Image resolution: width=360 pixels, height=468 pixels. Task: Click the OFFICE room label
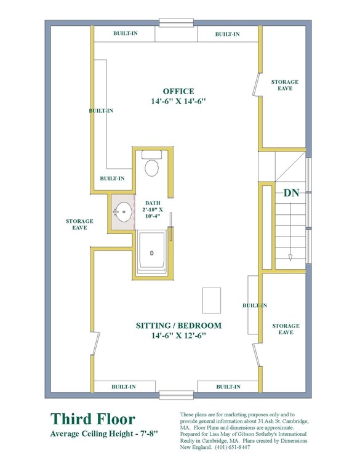[x=178, y=91]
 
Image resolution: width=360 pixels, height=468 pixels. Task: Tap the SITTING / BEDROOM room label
[x=178, y=325]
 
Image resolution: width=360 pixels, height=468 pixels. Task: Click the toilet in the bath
[x=151, y=167]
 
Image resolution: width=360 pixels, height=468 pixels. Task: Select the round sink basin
[x=124, y=212]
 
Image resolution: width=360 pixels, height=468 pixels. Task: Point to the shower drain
[x=151, y=254]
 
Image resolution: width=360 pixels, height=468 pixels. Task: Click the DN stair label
[x=291, y=193]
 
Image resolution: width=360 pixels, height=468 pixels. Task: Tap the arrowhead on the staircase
[x=290, y=257]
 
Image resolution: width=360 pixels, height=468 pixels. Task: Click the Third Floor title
[x=93, y=419]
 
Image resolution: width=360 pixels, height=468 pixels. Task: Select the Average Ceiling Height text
[x=104, y=434]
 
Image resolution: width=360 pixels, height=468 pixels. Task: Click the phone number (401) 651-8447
[x=233, y=447]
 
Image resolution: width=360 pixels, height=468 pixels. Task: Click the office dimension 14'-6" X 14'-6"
[x=178, y=101]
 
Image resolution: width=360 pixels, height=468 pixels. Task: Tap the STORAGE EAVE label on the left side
[x=79, y=224]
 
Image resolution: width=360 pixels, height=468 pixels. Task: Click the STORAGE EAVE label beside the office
[x=285, y=85]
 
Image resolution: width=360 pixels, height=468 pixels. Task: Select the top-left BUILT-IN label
[x=126, y=33]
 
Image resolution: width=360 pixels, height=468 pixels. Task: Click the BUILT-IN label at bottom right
[x=228, y=387]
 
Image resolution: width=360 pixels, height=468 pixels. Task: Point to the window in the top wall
[x=176, y=23]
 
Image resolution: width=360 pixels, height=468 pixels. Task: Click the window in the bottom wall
[x=176, y=395]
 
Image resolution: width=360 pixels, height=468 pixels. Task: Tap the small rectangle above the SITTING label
[x=212, y=301]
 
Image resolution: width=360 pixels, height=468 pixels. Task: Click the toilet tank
[x=151, y=155]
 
